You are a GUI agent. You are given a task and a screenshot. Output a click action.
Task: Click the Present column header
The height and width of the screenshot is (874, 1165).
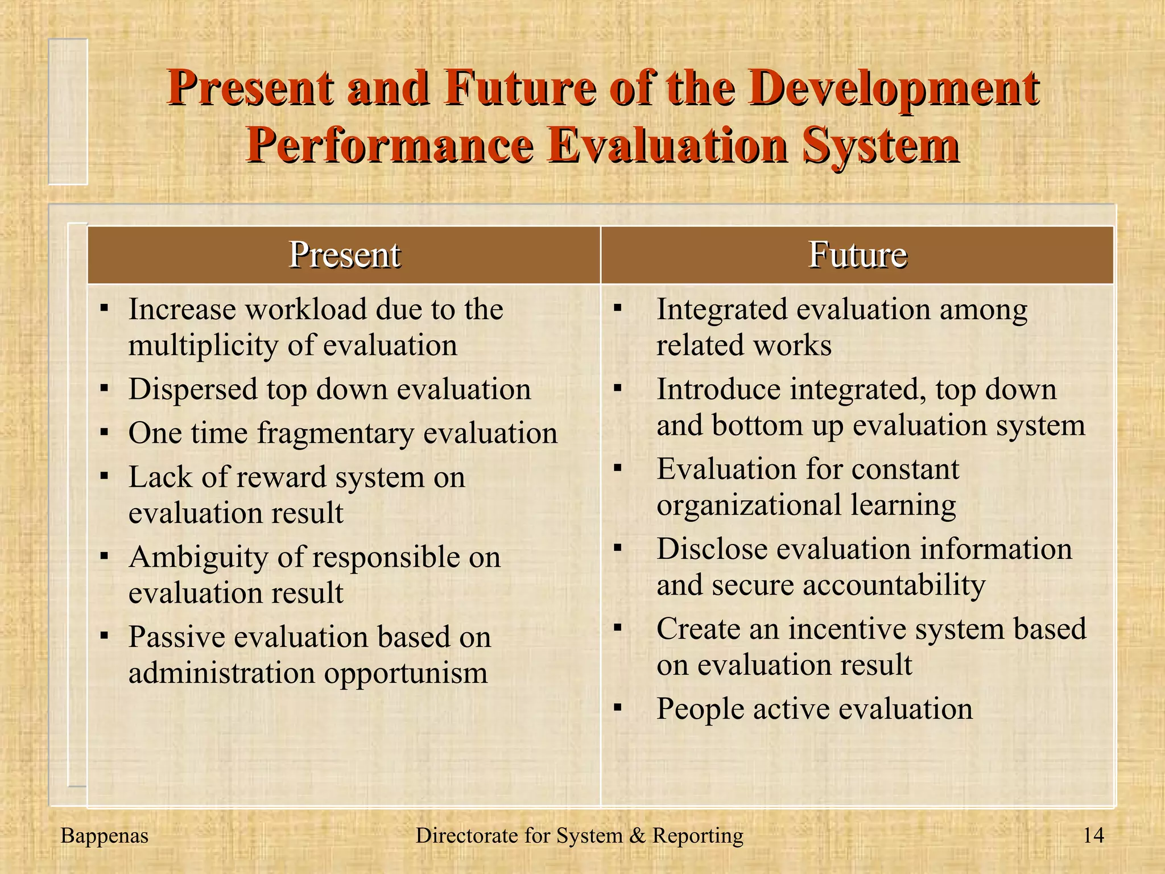coord(344,254)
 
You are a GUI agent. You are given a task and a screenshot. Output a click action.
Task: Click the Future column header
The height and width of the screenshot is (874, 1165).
coord(857,254)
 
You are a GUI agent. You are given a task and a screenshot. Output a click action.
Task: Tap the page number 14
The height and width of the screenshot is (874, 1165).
coord(1093,835)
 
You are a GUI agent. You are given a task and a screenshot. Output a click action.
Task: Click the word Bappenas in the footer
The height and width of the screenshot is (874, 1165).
coord(104,835)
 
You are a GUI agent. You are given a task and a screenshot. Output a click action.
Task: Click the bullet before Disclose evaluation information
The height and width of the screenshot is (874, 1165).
coord(618,549)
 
